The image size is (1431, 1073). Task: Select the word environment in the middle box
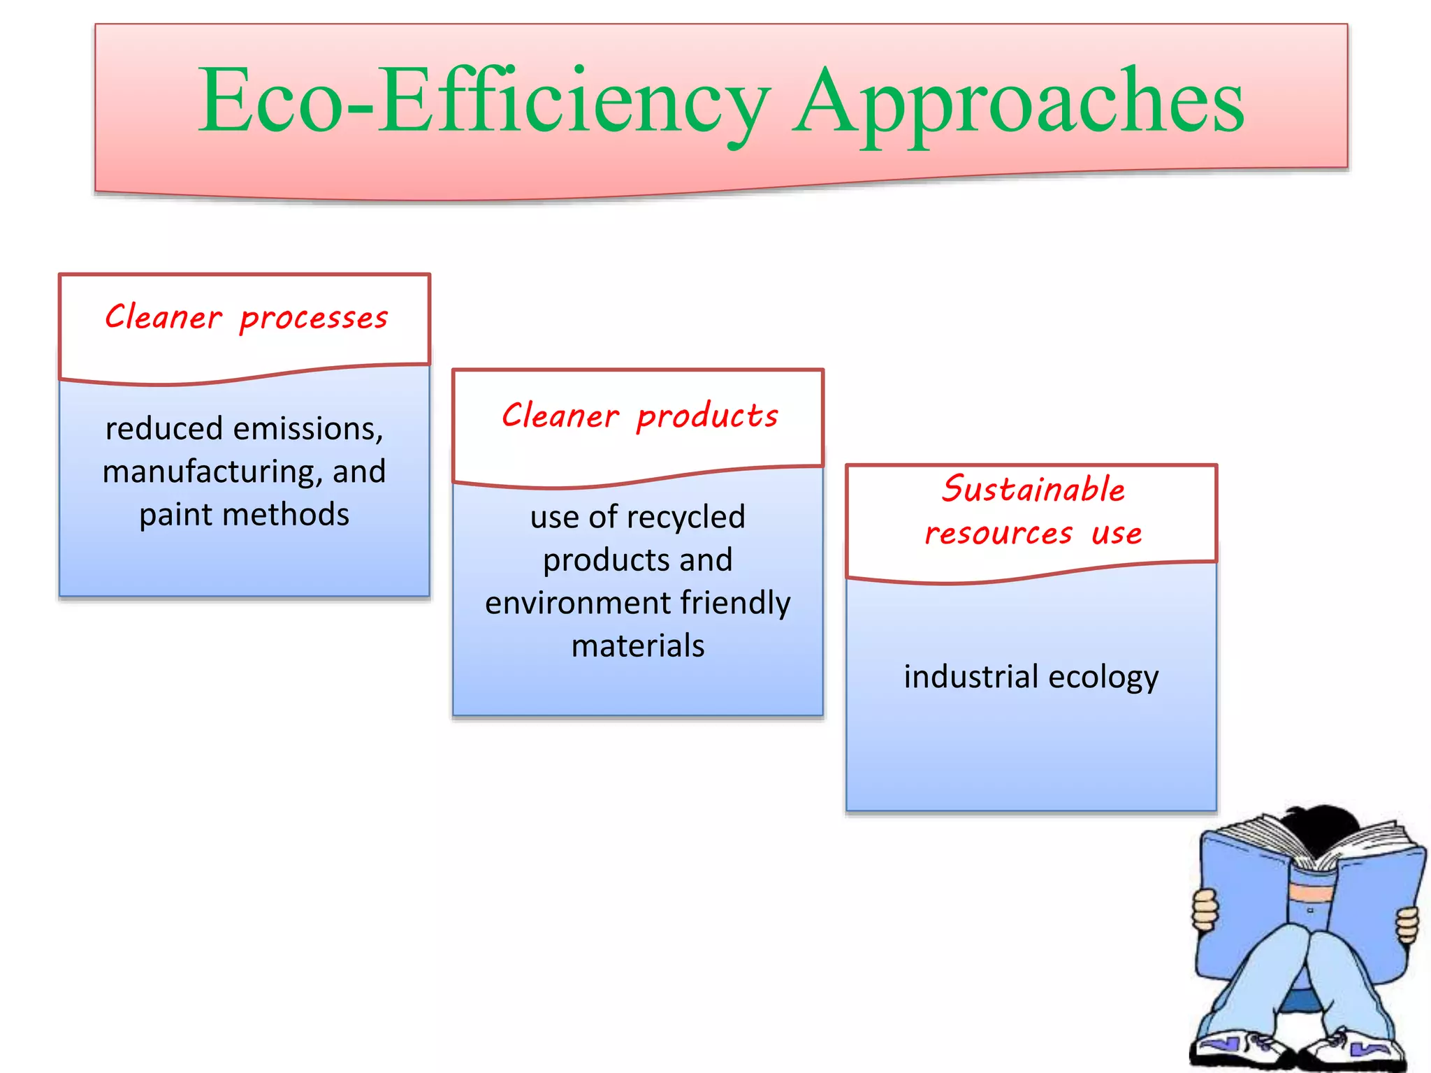click(577, 603)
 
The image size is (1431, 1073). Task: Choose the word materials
click(638, 646)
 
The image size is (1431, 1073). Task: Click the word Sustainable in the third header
click(1033, 489)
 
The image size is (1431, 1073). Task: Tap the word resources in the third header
click(998, 534)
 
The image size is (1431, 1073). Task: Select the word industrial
click(971, 677)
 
